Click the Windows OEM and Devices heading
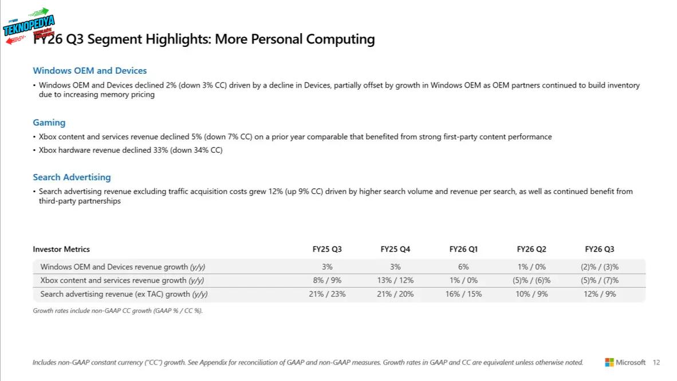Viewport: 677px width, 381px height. [90, 71]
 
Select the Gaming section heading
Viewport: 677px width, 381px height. [49, 122]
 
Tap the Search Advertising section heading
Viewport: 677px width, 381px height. [72, 177]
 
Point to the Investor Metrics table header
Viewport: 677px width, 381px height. [61, 249]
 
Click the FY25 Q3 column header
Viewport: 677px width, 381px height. [327, 249]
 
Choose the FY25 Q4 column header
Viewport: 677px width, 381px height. [395, 249]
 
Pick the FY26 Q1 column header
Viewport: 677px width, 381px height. [463, 249]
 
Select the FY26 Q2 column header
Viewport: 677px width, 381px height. [532, 249]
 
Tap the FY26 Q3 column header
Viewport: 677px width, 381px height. [600, 249]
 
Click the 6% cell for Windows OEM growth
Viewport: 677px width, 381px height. [463, 267]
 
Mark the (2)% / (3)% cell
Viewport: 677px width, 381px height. [600, 267]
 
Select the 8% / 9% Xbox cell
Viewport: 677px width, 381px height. [327, 280]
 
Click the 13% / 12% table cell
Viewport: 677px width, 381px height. [395, 280]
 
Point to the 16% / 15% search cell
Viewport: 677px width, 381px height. [463, 294]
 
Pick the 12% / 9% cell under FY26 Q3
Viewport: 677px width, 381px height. [600, 294]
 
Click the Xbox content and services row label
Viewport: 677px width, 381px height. [122, 280]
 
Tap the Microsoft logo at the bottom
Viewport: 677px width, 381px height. [625, 362]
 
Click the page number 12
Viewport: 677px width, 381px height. [656, 362]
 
